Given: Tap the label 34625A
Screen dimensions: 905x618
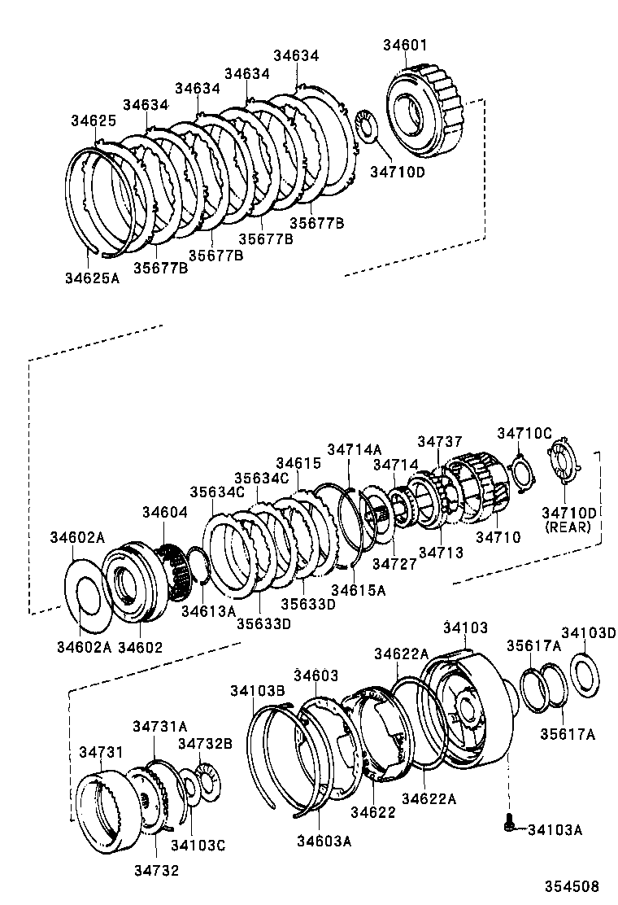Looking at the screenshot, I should point(92,278).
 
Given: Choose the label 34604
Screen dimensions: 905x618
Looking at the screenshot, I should point(165,513).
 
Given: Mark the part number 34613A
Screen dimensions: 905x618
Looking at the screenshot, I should point(207,610).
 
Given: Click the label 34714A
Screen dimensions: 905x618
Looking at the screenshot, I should point(354,448).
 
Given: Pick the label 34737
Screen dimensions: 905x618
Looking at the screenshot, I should point(439,440).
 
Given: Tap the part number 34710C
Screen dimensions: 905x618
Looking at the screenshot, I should point(524,433).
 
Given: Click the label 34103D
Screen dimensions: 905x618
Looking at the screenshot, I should point(589,633).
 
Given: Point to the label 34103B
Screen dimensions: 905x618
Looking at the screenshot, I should point(256,690).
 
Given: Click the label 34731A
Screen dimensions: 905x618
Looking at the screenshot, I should point(160,726).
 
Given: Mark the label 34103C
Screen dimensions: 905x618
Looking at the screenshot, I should point(198,846).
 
